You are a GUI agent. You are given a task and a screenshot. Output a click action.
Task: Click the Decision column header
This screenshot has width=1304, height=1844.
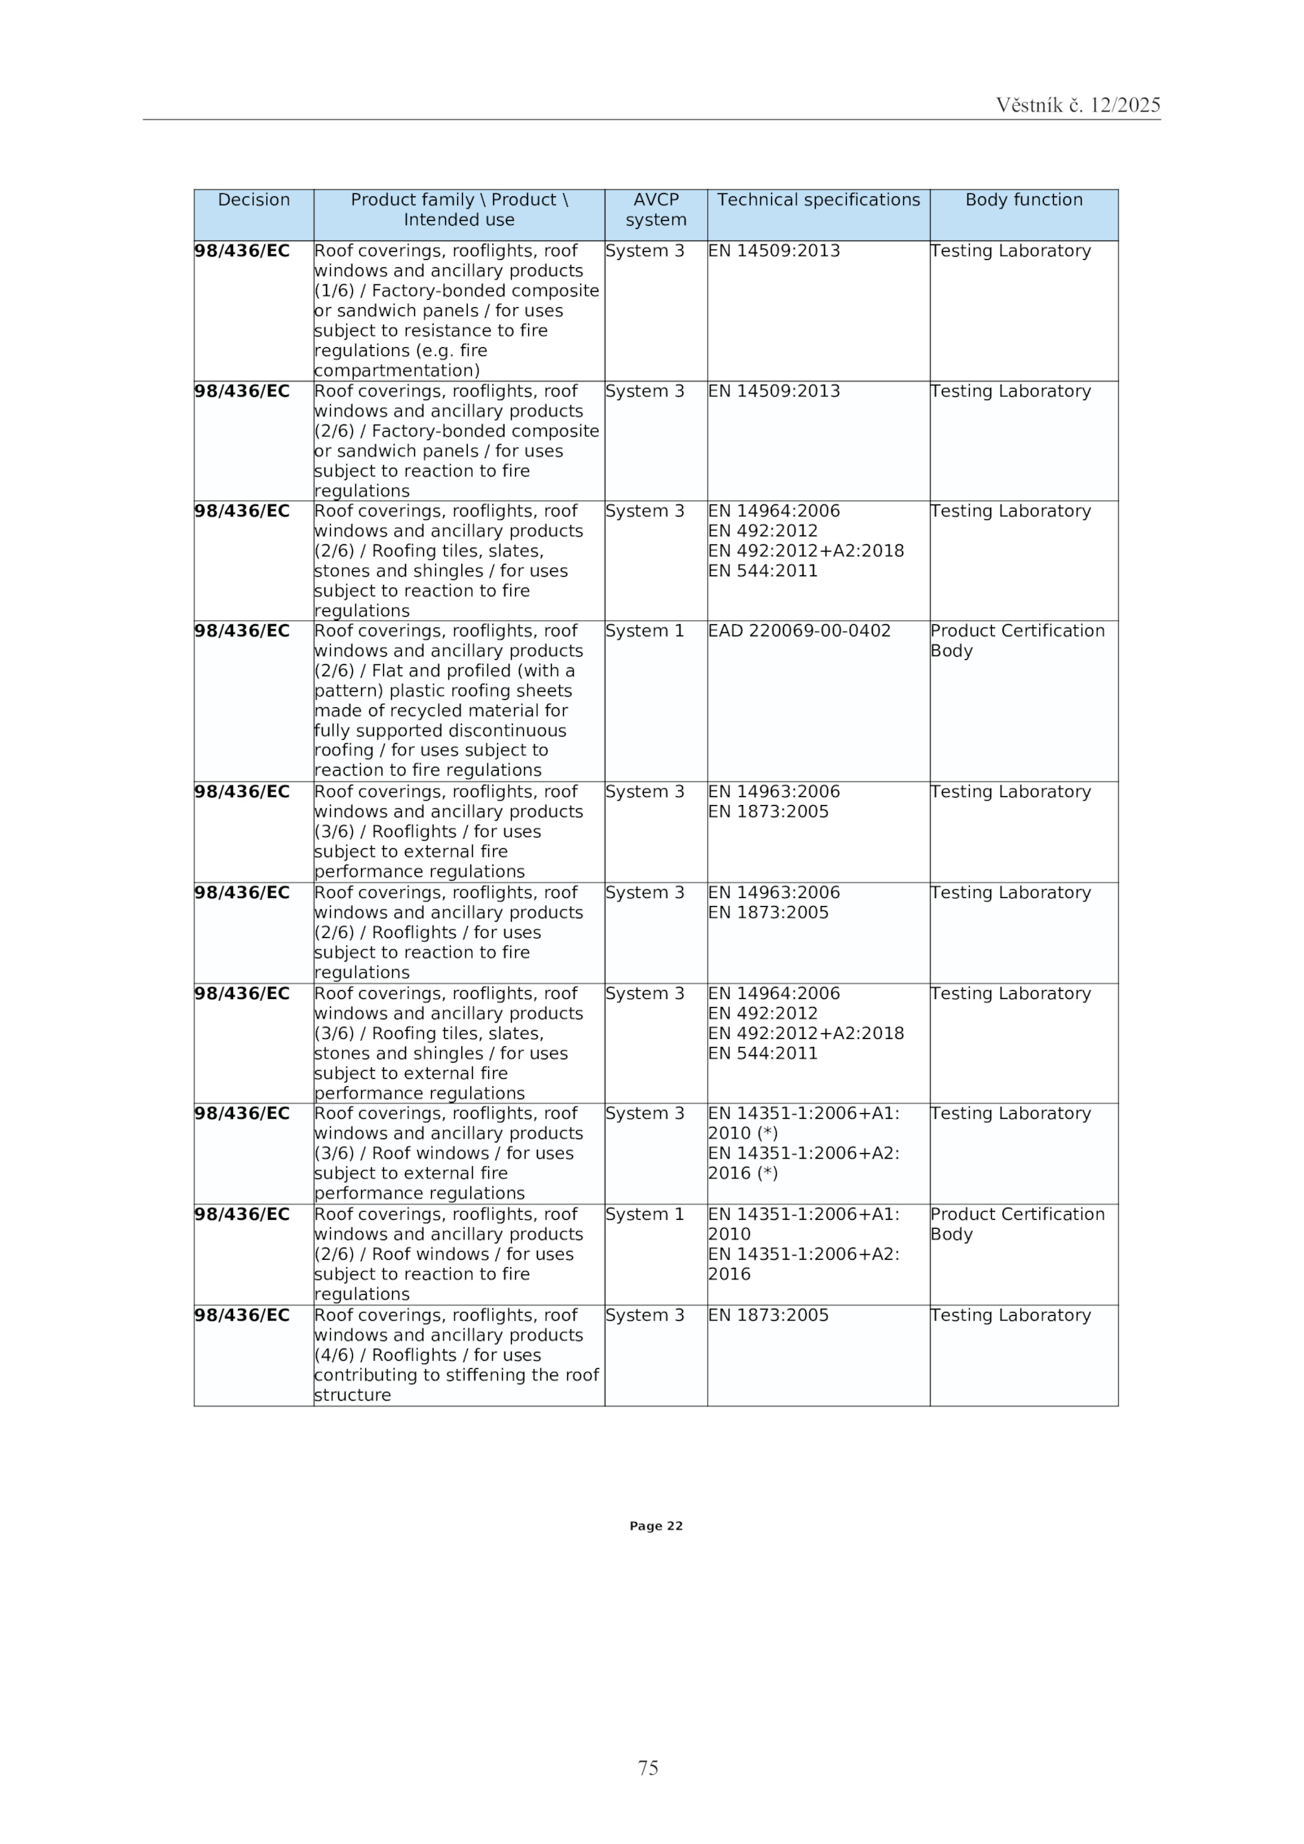point(253,200)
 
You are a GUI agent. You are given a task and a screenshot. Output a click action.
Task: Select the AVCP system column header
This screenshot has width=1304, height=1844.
point(655,210)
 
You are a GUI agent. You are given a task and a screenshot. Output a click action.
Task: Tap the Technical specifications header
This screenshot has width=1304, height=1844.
point(818,200)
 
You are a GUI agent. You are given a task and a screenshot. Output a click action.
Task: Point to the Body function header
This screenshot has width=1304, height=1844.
point(1024,200)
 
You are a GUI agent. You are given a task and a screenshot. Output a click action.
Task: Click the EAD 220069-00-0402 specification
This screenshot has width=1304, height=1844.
point(799,632)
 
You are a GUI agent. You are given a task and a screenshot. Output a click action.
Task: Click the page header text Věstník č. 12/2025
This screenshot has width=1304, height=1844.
point(1077,105)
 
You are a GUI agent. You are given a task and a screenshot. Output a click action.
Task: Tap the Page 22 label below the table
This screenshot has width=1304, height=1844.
point(655,1526)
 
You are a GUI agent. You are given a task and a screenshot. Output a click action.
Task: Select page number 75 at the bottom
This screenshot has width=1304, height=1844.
point(648,1767)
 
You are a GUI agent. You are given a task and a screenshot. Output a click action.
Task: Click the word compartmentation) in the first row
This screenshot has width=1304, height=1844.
point(397,372)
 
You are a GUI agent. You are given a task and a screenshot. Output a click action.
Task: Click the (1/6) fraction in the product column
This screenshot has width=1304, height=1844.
point(334,292)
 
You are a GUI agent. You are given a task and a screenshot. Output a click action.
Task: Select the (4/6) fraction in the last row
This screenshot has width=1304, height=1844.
point(334,1356)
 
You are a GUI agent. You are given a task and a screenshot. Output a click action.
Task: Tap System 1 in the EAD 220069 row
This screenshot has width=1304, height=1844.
point(645,632)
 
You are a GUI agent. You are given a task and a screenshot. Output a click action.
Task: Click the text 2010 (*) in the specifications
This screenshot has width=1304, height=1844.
point(742,1134)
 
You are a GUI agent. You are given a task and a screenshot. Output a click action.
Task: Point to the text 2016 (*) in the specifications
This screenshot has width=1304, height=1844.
point(742,1174)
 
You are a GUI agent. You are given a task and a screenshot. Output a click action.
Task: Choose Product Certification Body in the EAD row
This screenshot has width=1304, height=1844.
point(1017,641)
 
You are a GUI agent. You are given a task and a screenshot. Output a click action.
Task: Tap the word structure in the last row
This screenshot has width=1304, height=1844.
point(353,1396)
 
